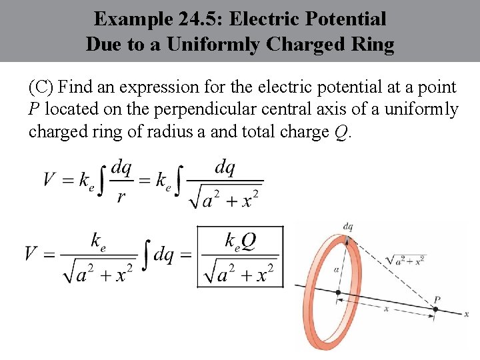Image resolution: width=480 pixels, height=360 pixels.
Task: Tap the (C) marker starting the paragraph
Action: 42,87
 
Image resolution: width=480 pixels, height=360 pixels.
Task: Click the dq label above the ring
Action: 347,227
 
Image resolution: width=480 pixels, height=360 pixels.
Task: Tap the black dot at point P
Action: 435,309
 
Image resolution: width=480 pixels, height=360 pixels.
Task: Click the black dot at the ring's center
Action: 338,292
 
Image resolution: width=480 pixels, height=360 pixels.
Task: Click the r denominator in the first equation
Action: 120,198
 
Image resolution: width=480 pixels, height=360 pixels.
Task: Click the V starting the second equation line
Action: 31,254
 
